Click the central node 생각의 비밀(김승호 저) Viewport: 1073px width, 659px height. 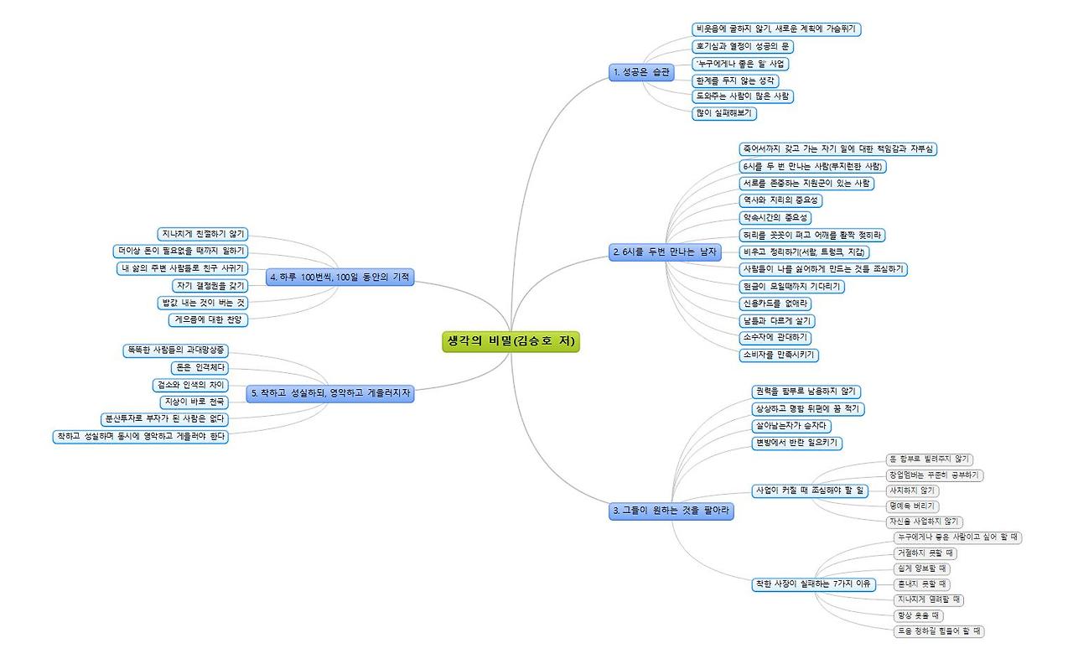coord(511,341)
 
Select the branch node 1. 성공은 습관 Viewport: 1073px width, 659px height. coord(641,73)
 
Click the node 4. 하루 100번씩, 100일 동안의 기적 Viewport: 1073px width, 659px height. coord(340,278)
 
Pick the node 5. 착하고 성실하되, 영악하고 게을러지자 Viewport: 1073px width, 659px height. coord(332,392)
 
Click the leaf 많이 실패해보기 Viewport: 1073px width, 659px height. coord(724,113)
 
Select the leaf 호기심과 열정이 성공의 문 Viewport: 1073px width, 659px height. coord(743,46)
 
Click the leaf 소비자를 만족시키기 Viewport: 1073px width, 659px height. coord(779,355)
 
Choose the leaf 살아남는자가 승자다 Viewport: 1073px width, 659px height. coord(790,426)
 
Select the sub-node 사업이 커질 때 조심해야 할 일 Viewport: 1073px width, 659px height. coord(810,490)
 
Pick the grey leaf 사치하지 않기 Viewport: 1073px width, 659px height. coord(913,490)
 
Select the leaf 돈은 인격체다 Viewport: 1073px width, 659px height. coord(199,367)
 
